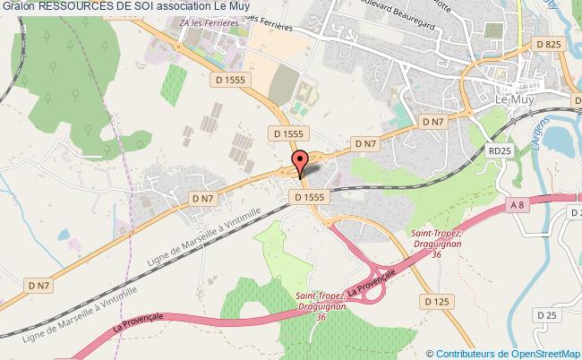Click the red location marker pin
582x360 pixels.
click(301, 164)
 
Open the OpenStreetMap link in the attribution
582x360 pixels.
click(546, 353)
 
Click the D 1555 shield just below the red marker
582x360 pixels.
click(310, 196)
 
